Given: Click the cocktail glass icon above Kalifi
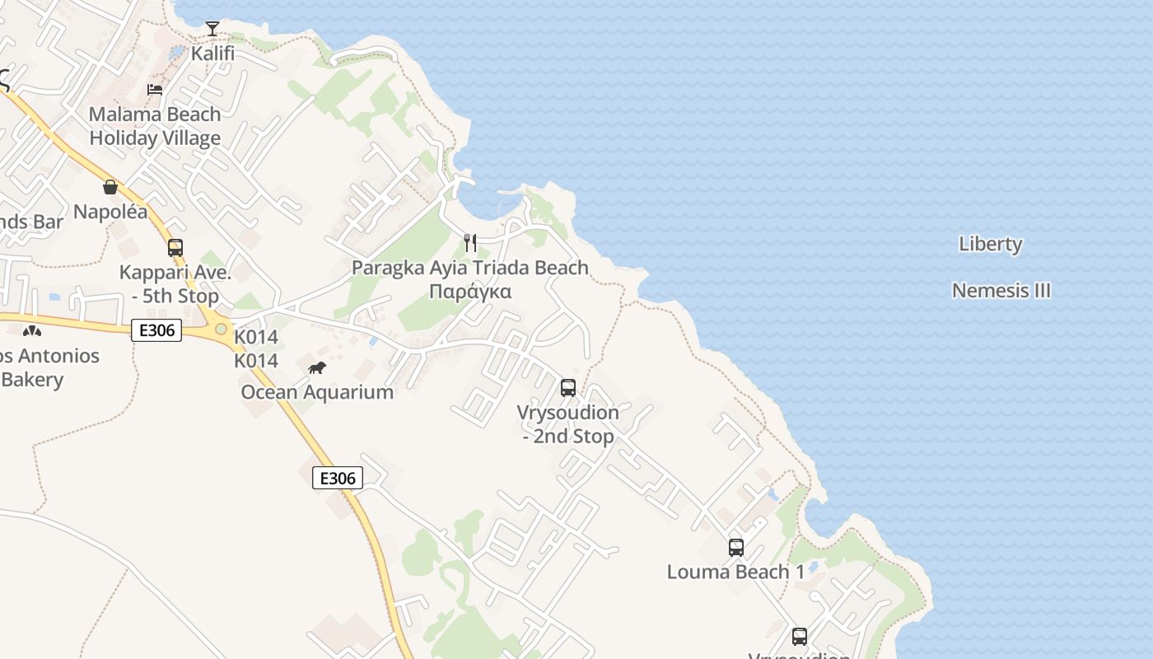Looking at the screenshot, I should pyautogui.click(x=212, y=29).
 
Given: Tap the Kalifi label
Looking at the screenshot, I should pyautogui.click(x=212, y=54).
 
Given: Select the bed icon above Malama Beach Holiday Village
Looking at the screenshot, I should pyautogui.click(x=155, y=89).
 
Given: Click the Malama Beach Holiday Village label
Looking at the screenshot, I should pyautogui.click(x=155, y=126).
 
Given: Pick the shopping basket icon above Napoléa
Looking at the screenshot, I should pyautogui.click(x=110, y=187).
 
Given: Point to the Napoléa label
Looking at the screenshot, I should pyautogui.click(x=110, y=212).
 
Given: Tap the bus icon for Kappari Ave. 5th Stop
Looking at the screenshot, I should pyautogui.click(x=175, y=248).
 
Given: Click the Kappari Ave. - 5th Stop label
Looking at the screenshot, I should pyautogui.click(x=169, y=284).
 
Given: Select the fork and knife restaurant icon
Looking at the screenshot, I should pyautogui.click(x=470, y=242).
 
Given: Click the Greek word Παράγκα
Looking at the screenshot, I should pyautogui.click(x=470, y=292).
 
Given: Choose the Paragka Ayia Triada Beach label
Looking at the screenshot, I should pyautogui.click(x=470, y=268).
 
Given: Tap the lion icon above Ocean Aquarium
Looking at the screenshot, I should pyautogui.click(x=317, y=367).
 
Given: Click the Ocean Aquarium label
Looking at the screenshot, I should pyautogui.click(x=317, y=392).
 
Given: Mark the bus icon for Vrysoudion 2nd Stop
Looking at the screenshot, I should pyautogui.click(x=567, y=388).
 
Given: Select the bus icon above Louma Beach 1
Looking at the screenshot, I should pyautogui.click(x=735, y=547).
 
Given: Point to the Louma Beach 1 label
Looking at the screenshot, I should pyautogui.click(x=735, y=572).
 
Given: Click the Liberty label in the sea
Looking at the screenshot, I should pyautogui.click(x=991, y=244).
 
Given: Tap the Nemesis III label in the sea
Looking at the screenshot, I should pyautogui.click(x=1001, y=291).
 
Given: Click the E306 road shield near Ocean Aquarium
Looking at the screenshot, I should pyautogui.click(x=338, y=478).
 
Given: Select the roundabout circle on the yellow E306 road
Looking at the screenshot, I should pyautogui.click(x=221, y=329).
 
